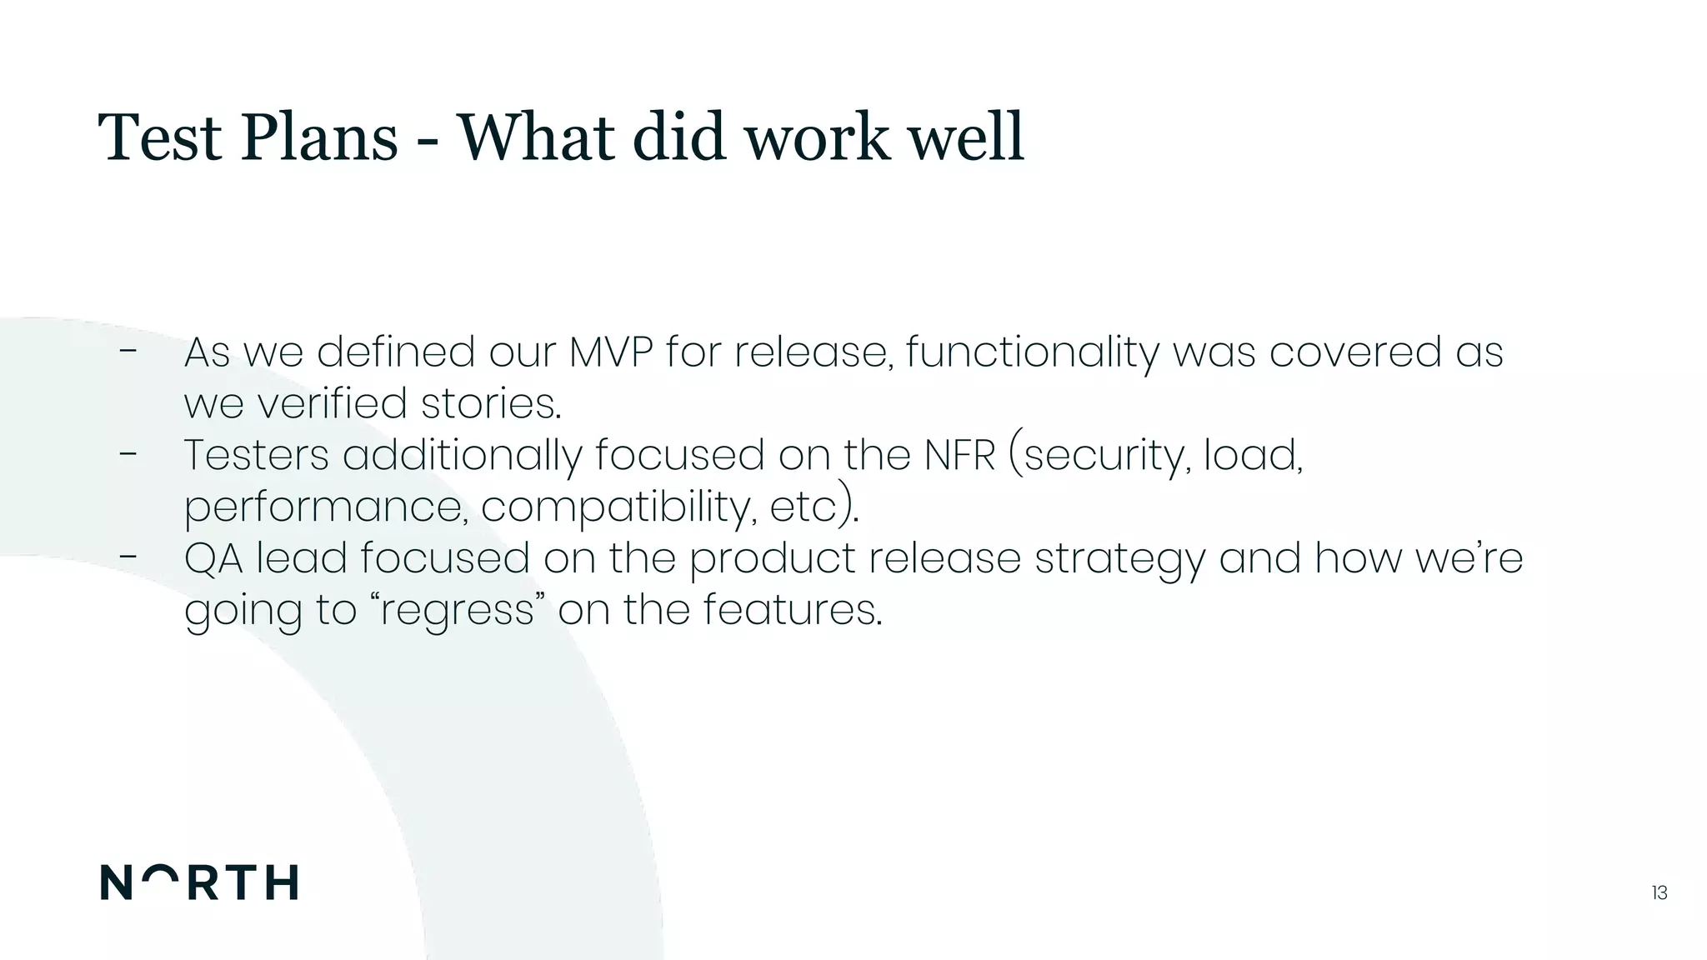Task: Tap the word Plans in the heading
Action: pyautogui.click(x=319, y=137)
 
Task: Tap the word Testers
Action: pyautogui.click(x=257, y=456)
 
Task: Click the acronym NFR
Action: pyautogui.click(x=959, y=456)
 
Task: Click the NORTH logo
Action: pyautogui.click(x=199, y=882)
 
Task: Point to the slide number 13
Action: pyautogui.click(x=1659, y=893)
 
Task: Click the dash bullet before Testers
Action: pyautogui.click(x=128, y=454)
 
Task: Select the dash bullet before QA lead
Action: pyautogui.click(x=128, y=557)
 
